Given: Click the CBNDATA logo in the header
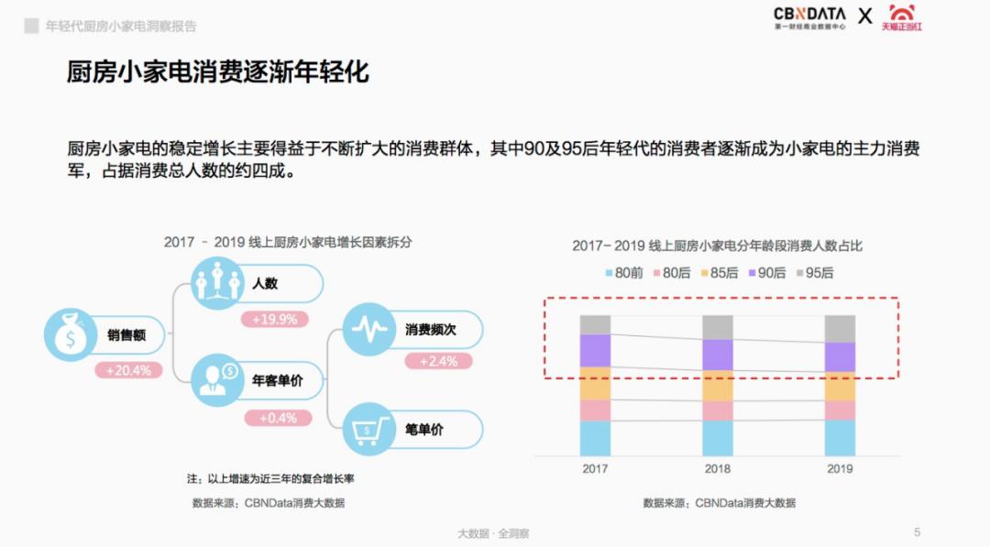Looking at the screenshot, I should coord(809,17).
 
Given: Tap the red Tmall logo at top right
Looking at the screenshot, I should coord(902,17).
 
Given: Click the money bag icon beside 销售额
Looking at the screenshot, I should coord(70,334).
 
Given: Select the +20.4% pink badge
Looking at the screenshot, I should coord(128,371).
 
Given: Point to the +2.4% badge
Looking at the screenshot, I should coord(438,361).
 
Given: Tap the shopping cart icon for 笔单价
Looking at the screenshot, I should coord(368,429).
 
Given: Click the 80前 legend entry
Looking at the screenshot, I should coord(622,273).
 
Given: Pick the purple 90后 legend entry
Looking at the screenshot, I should coord(767,273).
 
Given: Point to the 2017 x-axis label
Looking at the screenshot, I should coord(595,469).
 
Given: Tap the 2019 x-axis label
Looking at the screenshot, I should coord(840,469).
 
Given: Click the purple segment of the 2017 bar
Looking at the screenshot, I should coord(595,350).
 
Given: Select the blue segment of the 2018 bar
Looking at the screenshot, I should coord(718,438).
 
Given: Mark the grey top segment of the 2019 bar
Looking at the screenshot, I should coord(840,328).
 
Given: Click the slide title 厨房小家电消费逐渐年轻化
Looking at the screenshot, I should coord(218,72).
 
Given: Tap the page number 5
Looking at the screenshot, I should coord(918,532).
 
